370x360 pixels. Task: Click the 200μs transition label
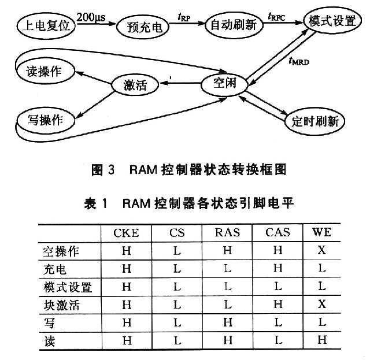click(91, 17)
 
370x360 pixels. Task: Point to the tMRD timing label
click(299, 61)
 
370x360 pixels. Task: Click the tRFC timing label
click(276, 17)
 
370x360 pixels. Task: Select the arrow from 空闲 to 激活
click(180, 83)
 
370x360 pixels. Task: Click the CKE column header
click(126, 233)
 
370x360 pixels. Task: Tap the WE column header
click(322, 232)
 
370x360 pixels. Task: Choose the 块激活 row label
click(62, 305)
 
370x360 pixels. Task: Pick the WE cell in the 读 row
click(322, 340)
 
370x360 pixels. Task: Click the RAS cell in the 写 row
click(228, 322)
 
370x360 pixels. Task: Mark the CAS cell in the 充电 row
click(277, 268)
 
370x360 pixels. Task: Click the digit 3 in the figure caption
click(112, 170)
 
